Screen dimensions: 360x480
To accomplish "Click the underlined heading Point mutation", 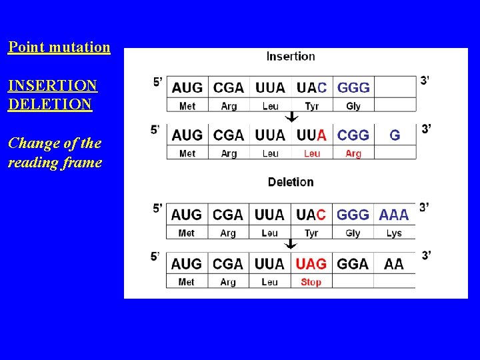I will click(59, 47).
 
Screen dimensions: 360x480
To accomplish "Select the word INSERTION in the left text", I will click(53, 86).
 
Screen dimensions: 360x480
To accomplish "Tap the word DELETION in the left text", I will click(50, 105).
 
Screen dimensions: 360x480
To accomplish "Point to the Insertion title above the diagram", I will click(291, 56).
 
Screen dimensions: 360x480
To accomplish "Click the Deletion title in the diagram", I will click(291, 182).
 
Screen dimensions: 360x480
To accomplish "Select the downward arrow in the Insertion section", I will click(291, 117).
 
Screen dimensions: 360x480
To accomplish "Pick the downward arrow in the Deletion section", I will click(291, 245).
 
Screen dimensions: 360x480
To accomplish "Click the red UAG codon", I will click(311, 263).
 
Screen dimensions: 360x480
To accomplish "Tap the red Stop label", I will click(311, 282).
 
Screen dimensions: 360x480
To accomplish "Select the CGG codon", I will click(353, 135).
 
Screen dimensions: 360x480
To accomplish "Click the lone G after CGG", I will click(395, 135).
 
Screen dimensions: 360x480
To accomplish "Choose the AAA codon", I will click(394, 215).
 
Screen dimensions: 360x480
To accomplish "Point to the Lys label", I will click(394, 233).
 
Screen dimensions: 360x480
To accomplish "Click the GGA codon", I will click(353, 263).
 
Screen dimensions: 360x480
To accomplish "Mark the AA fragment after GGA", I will click(394, 263).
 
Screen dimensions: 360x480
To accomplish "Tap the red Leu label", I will click(312, 154).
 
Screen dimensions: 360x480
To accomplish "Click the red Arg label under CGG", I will click(353, 154).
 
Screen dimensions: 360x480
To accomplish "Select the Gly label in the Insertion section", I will click(353, 106).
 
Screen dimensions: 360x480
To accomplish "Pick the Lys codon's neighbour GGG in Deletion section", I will click(353, 215).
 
